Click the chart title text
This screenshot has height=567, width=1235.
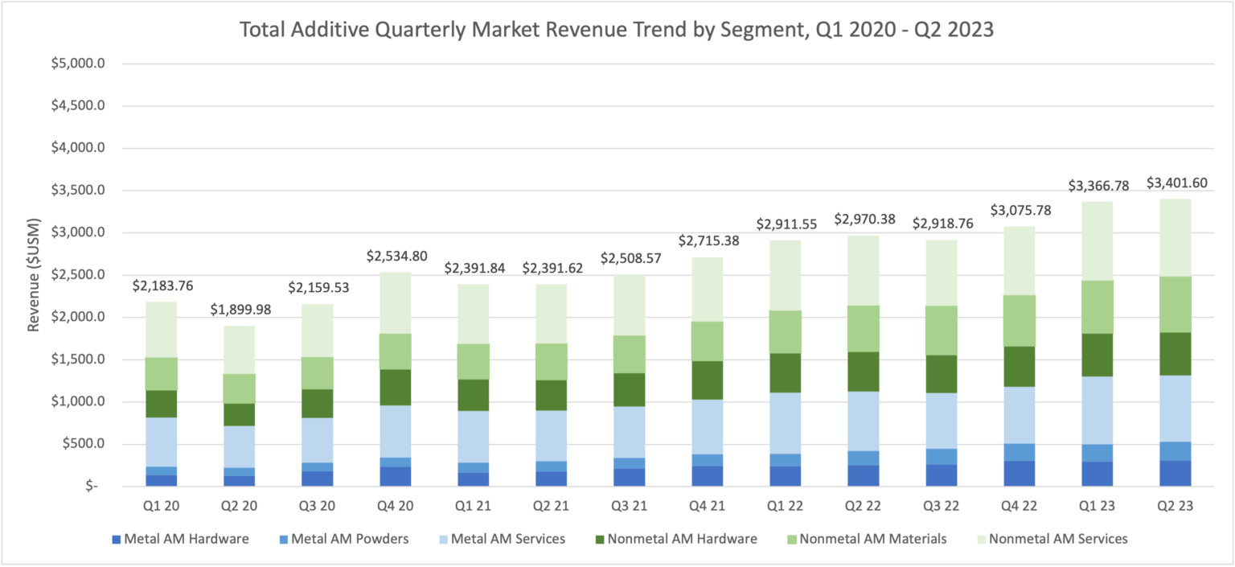point(617,31)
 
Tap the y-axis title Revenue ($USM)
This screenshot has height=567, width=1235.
point(34,274)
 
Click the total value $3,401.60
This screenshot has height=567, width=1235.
point(1175,182)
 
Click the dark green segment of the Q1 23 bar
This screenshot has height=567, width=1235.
point(1097,355)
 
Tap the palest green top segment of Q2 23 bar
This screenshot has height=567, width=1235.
point(1175,237)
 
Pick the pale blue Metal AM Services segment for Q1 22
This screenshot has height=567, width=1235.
point(784,422)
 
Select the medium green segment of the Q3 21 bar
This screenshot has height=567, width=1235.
point(628,354)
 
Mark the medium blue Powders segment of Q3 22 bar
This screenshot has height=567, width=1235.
point(941,456)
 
